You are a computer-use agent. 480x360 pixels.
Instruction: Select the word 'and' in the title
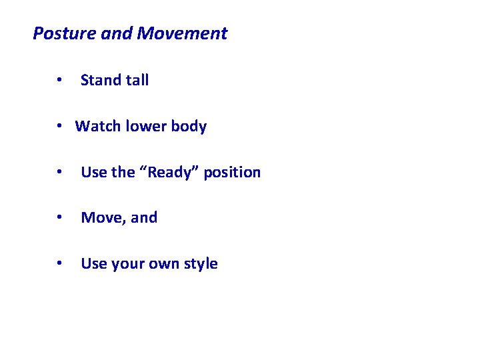[117, 33]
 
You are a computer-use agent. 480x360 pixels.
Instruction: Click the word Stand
[101, 81]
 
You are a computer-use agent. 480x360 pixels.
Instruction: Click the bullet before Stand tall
[60, 81]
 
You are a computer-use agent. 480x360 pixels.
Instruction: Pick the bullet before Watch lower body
[60, 127]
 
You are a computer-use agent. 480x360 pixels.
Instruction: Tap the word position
[232, 173]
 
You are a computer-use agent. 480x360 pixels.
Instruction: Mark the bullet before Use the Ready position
[60, 173]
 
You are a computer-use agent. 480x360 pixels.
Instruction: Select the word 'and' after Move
[145, 218]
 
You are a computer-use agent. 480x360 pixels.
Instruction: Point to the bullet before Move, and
[60, 218]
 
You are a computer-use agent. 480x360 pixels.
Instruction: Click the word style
[201, 264]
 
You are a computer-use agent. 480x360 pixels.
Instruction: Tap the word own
[165, 264]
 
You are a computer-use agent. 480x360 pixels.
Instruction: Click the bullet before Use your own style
[60, 264]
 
